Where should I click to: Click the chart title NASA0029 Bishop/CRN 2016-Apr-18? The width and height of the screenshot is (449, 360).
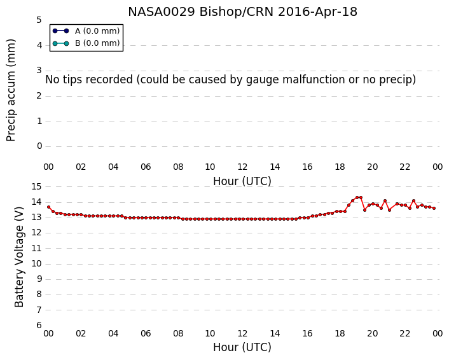[242, 12]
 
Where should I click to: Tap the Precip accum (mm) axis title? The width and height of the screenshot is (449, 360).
[11, 90]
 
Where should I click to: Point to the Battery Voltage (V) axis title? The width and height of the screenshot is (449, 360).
[19, 257]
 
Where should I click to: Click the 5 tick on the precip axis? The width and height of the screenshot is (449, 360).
[39, 20]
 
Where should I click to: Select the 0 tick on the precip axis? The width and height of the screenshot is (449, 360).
[39, 146]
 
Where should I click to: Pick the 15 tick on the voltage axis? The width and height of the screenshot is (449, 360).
[36, 187]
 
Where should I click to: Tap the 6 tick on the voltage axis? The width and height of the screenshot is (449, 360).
[39, 326]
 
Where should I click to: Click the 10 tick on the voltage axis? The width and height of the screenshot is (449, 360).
[36, 264]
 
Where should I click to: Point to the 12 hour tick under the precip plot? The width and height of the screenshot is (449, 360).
[242, 167]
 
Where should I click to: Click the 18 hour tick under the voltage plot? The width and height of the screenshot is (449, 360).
[340, 334]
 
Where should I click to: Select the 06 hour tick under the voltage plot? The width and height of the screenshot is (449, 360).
[146, 334]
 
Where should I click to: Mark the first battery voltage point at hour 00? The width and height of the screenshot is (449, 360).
[49, 207]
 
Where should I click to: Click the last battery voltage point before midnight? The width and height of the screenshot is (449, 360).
[434, 208]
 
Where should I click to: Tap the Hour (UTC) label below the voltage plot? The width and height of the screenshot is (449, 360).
[242, 347]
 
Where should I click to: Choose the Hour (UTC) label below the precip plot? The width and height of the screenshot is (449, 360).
[242, 181]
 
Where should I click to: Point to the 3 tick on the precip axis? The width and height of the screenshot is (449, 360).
[39, 71]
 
